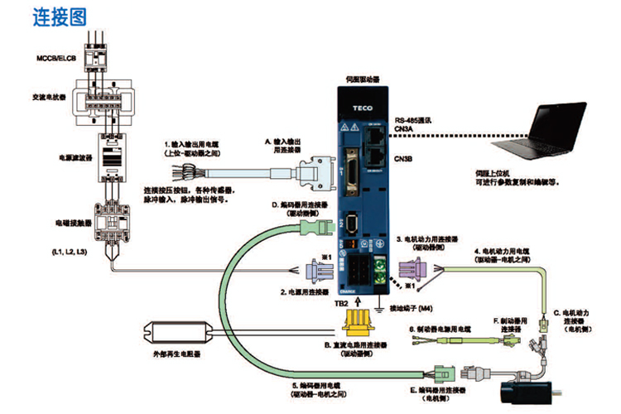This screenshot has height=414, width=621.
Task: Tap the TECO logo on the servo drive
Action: [361, 107]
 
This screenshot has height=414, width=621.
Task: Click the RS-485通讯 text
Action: [415, 119]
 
